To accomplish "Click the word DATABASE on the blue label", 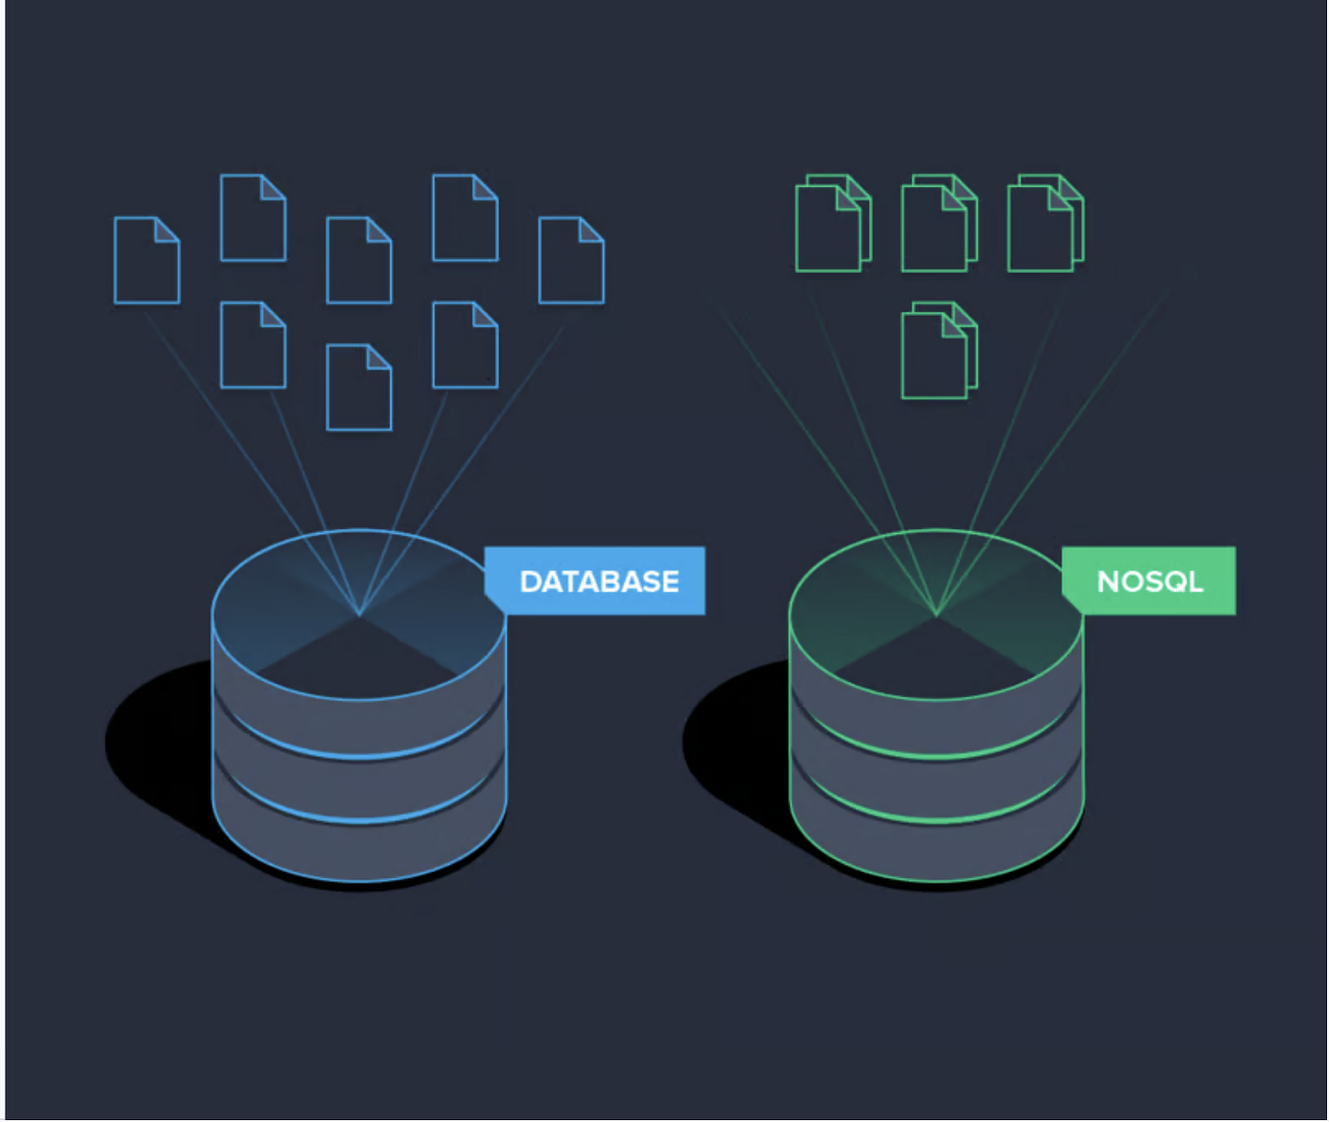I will pyautogui.click(x=599, y=581).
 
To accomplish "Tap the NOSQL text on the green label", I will pyautogui.click(x=1149, y=581).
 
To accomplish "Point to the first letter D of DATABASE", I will pyautogui.click(x=529, y=581).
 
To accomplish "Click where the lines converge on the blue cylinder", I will pyautogui.click(x=360, y=614).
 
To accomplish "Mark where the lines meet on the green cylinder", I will pyautogui.click(x=937, y=614).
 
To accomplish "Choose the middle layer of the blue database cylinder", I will pyautogui.click(x=360, y=787).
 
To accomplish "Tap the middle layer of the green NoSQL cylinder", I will pyautogui.click(x=937, y=787).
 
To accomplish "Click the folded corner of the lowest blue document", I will pyautogui.click(x=380, y=357).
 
